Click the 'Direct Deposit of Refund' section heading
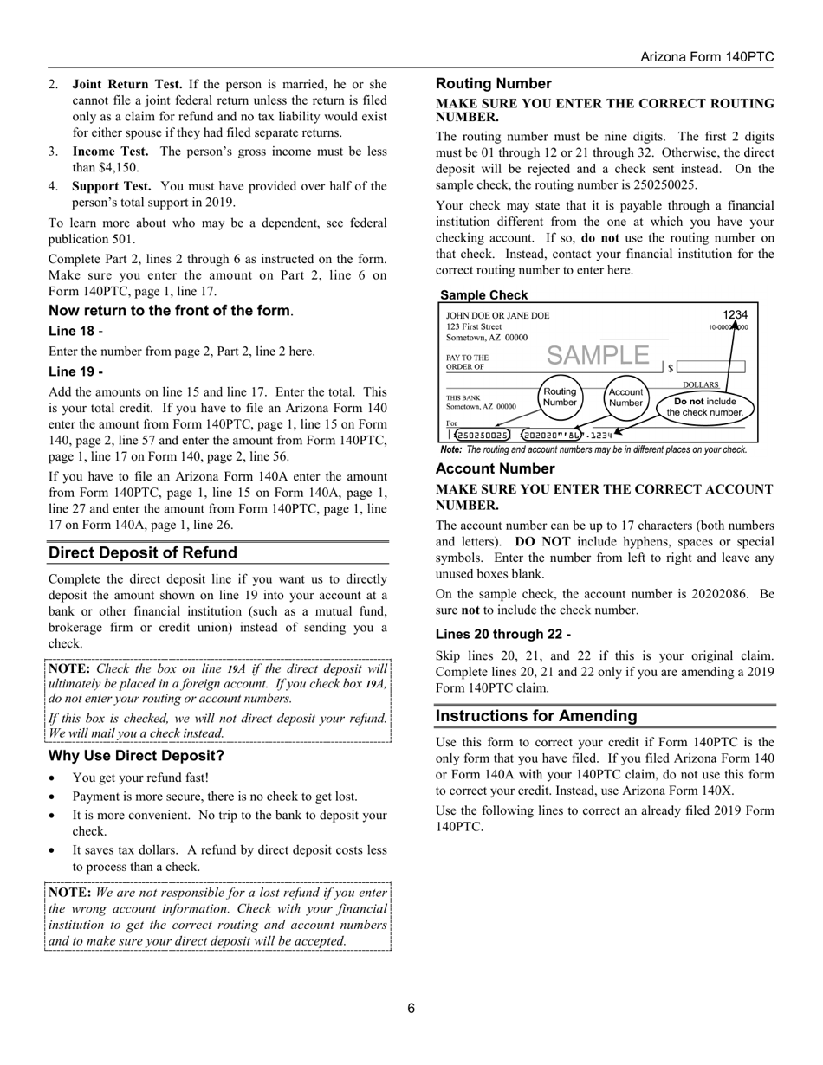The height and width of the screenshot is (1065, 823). (x=142, y=553)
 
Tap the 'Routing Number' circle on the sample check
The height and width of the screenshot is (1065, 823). (x=560, y=397)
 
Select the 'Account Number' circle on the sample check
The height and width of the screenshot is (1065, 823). (x=625, y=397)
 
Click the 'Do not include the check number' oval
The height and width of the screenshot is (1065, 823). (x=704, y=407)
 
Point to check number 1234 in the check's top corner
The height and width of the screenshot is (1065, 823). (x=735, y=315)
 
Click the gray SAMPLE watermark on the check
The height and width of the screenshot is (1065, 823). (x=598, y=355)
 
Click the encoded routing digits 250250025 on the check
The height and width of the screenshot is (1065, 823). (x=483, y=435)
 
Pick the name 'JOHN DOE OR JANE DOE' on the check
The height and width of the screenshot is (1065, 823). (x=497, y=316)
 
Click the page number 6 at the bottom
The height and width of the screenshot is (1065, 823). (x=411, y=1008)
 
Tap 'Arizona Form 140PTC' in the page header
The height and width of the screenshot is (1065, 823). (x=707, y=57)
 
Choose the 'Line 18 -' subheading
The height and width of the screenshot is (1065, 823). (x=76, y=331)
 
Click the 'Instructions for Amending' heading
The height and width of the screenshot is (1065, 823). (x=536, y=716)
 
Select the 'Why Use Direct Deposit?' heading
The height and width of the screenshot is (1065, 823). (x=136, y=756)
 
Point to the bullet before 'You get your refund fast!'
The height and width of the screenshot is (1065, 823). (x=54, y=778)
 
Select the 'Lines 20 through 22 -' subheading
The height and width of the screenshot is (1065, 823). (x=502, y=634)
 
